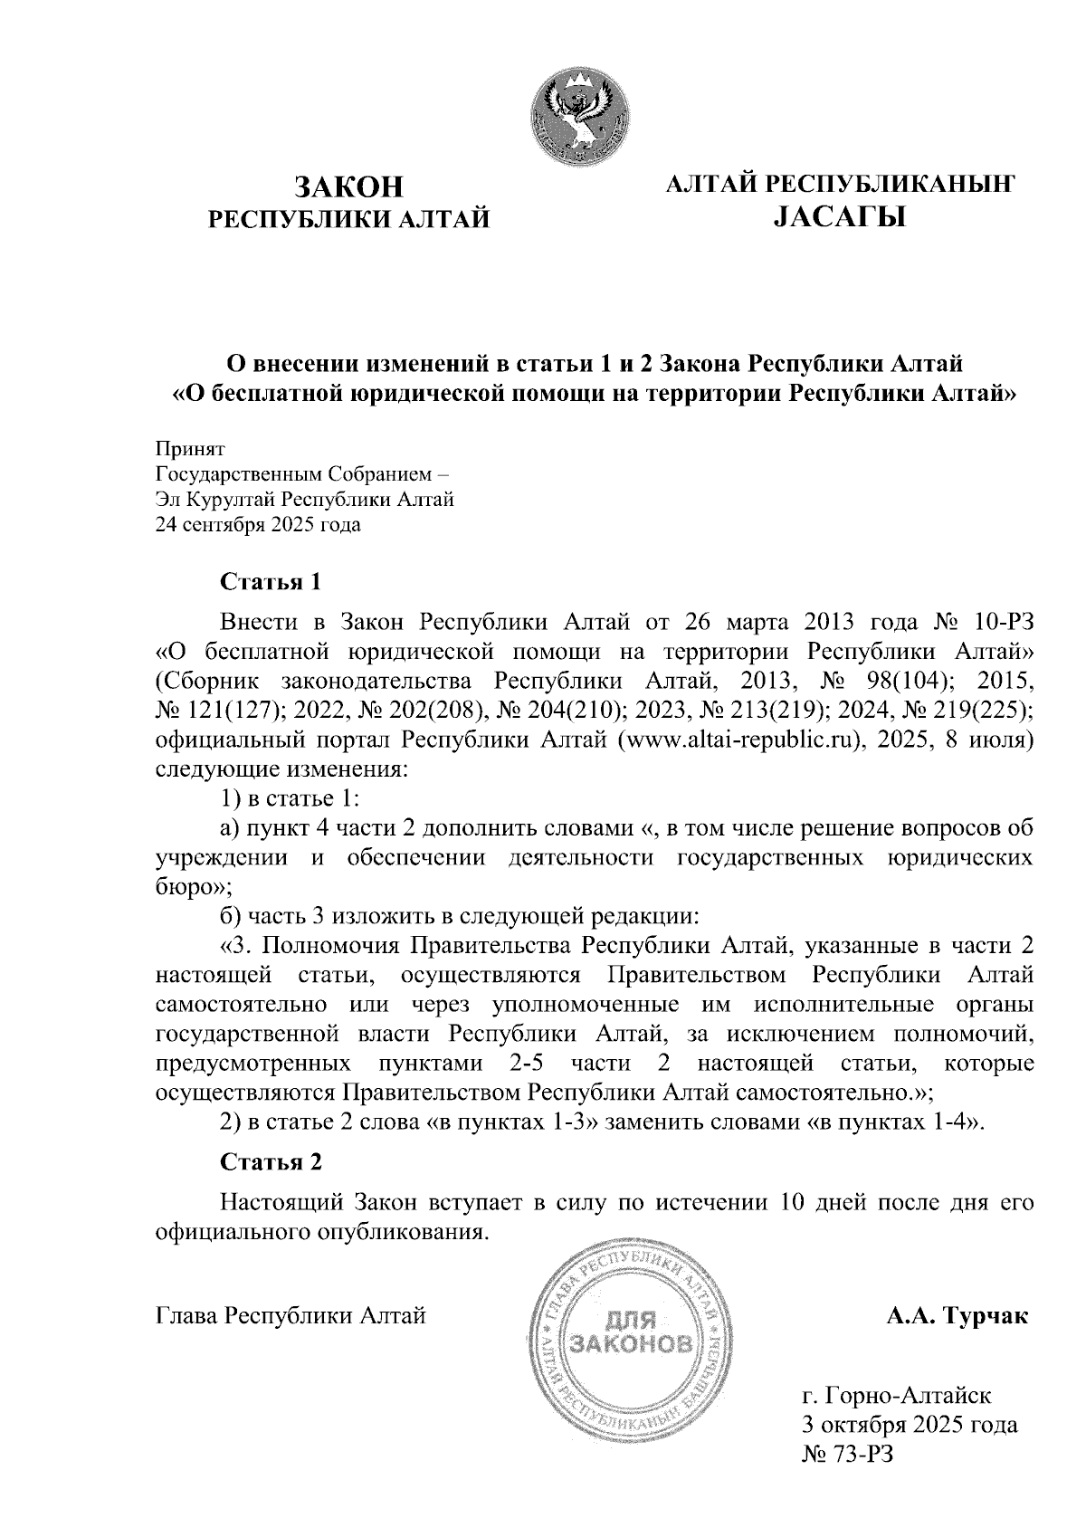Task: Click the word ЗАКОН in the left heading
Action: (x=348, y=186)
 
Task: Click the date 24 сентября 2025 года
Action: (x=258, y=525)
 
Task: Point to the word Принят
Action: (x=189, y=449)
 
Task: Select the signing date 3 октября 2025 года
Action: (x=910, y=1425)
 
